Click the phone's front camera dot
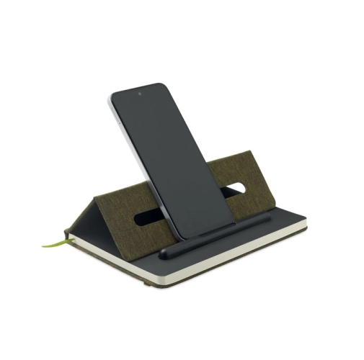pyautogui.click(x=140, y=94)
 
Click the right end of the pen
pyautogui.click(x=269, y=215)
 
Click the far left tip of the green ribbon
pyautogui.click(x=43, y=246)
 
